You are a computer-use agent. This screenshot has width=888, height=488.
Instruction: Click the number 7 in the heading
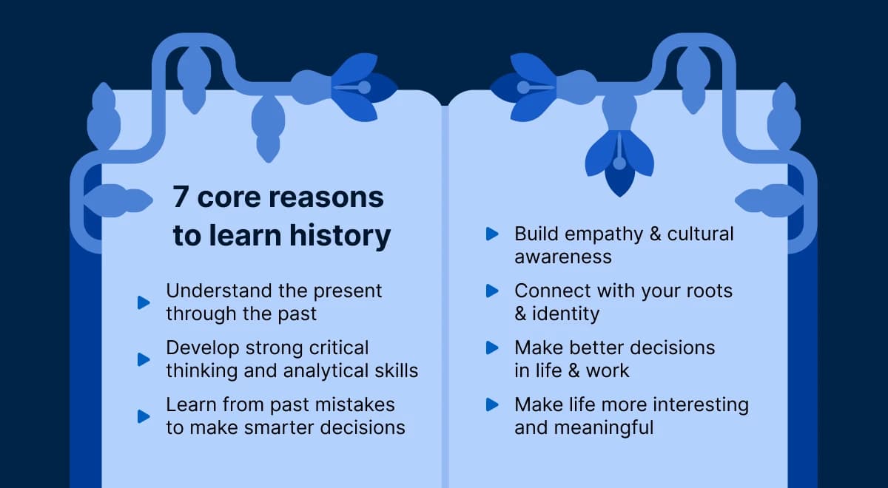tap(181, 198)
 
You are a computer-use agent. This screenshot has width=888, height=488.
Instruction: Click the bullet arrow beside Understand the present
tap(144, 302)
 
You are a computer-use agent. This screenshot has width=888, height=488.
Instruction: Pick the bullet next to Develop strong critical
tap(144, 359)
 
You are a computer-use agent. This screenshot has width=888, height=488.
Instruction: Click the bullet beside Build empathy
tap(492, 234)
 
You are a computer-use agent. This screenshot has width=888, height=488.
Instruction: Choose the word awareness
tap(563, 257)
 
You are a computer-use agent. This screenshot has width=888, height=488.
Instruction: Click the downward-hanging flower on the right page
tap(619, 160)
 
